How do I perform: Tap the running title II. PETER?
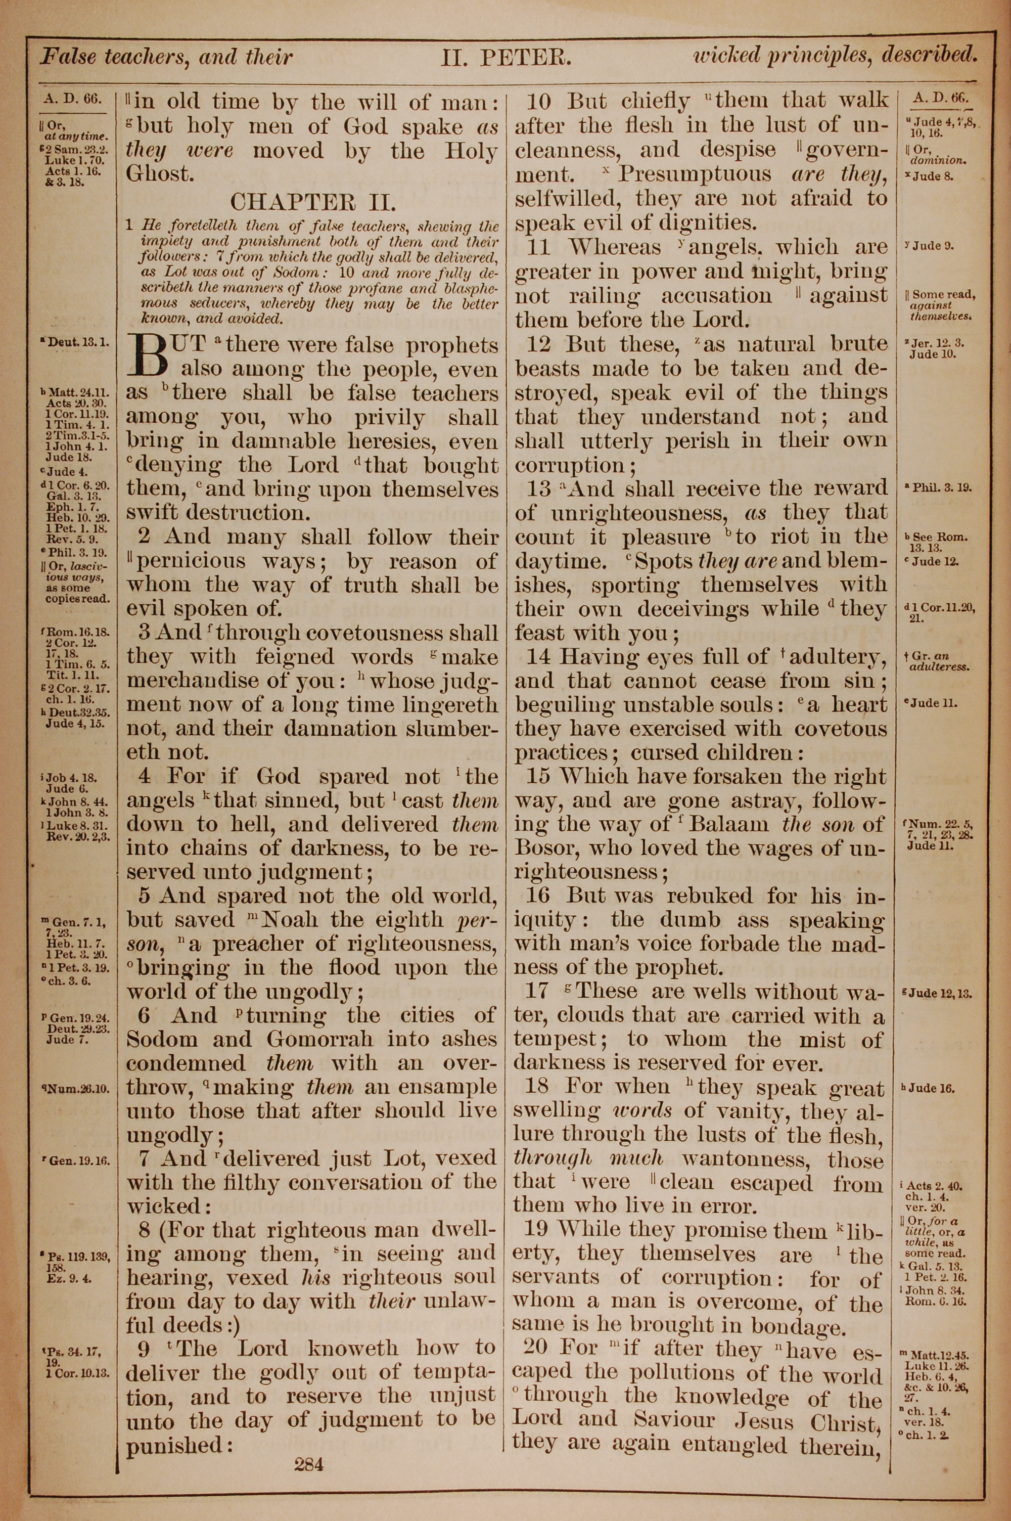click(x=505, y=58)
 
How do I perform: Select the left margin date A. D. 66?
click(x=73, y=99)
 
